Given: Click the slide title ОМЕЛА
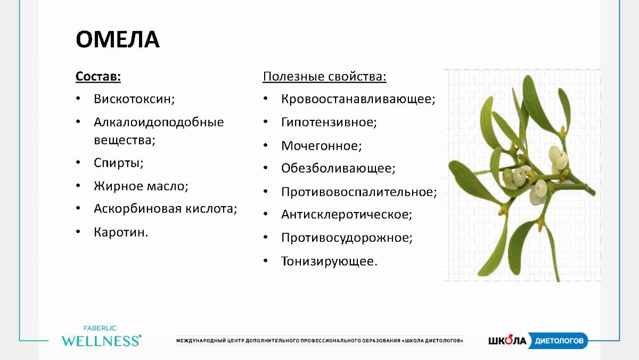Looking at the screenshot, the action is (x=118, y=39).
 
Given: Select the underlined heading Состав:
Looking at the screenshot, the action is (x=98, y=77).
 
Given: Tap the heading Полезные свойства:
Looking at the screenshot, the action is (x=324, y=77).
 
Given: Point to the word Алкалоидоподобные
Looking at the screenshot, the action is (x=159, y=122).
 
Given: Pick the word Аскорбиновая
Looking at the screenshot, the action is (x=138, y=209).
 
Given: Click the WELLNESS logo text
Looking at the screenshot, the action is (x=102, y=341).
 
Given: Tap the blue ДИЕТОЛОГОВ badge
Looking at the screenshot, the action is (x=558, y=341).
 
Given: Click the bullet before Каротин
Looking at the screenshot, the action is (x=78, y=232).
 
